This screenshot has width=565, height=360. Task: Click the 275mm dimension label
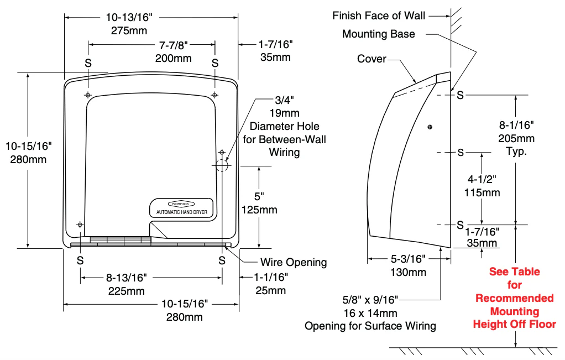129,30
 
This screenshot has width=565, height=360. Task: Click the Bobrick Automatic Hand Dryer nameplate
182,208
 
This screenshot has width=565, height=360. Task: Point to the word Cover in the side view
372,59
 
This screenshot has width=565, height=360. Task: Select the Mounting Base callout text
378,34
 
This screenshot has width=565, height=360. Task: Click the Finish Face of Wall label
379,15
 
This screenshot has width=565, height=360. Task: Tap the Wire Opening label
293,262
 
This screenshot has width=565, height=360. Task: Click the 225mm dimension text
126,291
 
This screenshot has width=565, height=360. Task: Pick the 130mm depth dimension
408,272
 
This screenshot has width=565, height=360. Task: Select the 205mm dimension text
516,138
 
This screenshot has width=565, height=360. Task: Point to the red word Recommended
514,298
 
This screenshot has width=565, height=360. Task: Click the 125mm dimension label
259,210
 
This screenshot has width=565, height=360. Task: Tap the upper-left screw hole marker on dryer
88,96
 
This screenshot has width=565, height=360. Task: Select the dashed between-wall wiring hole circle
221,165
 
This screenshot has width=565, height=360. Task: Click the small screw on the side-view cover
430,128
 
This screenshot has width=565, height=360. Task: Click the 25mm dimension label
271,291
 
